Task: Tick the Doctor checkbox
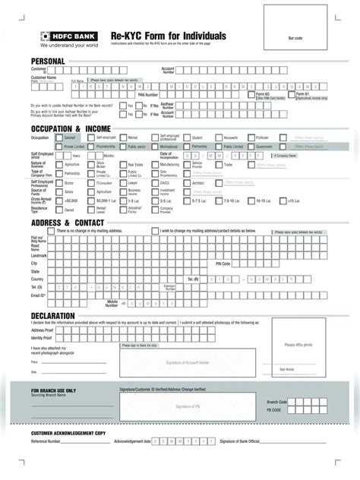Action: [x=60, y=183]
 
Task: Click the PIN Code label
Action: [x=223, y=264]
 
